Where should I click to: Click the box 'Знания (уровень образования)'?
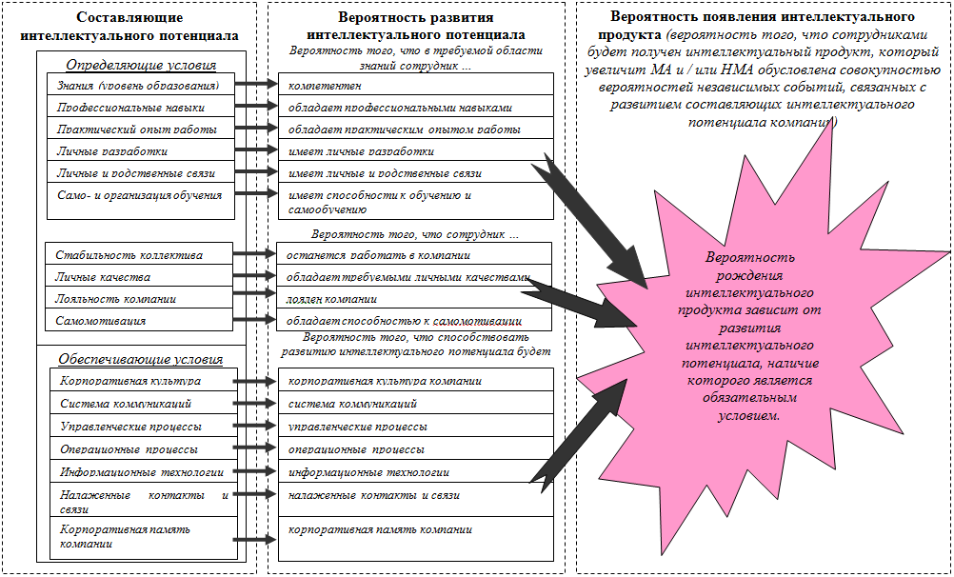coord(139,85)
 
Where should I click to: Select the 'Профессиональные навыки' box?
coord(139,107)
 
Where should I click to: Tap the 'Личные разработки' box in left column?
coord(139,150)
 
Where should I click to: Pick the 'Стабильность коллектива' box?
coord(139,255)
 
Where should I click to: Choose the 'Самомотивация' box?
coord(139,321)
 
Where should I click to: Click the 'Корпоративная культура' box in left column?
coord(139,381)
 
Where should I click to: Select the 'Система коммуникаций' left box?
coord(139,404)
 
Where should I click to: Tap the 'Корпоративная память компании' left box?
coord(139,536)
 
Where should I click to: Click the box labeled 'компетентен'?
coord(415,85)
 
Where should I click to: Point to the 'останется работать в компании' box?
coord(415,255)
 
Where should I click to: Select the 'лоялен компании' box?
coord(415,299)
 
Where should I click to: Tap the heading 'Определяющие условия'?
coord(141,66)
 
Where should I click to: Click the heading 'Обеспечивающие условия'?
coord(141,359)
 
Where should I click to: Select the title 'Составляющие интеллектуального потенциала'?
coord(129,27)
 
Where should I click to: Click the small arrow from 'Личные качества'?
coord(254,277)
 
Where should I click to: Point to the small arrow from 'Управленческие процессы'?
coord(254,426)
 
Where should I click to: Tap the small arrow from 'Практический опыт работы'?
coord(254,129)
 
